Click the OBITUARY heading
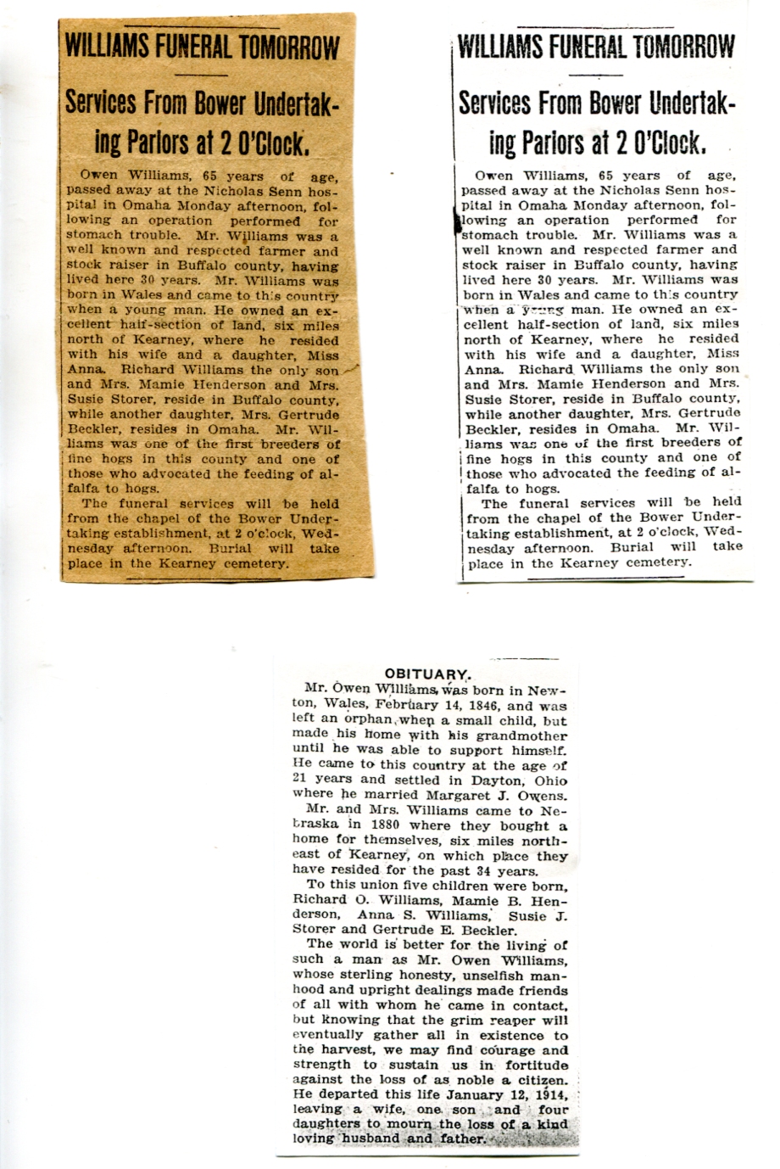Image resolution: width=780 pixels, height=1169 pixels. [x=426, y=674]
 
